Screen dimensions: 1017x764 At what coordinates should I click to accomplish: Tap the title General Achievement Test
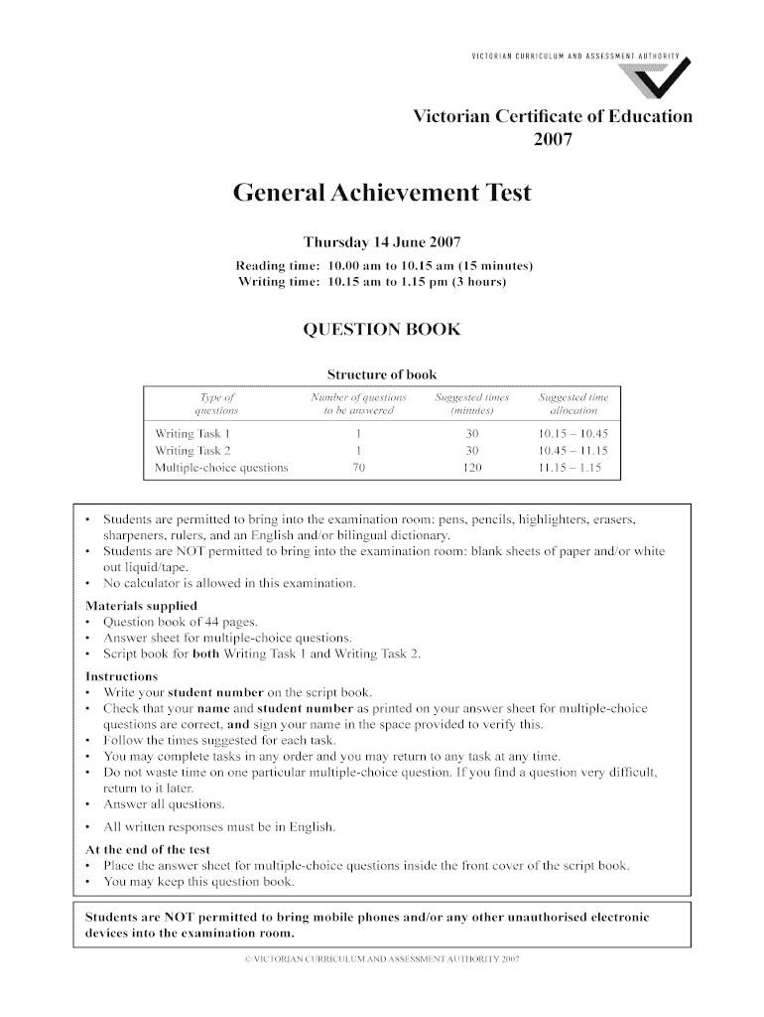pyautogui.click(x=382, y=193)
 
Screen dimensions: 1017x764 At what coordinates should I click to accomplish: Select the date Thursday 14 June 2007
pyautogui.click(x=382, y=242)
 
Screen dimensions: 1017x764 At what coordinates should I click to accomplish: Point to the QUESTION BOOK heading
pyautogui.click(x=382, y=330)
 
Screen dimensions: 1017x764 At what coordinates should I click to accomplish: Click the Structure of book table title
pyautogui.click(x=382, y=374)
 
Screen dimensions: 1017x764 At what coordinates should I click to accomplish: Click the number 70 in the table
pyautogui.click(x=358, y=467)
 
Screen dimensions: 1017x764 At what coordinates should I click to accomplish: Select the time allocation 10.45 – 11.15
pyautogui.click(x=573, y=451)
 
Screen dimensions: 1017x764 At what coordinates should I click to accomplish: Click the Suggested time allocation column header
pyautogui.click(x=573, y=403)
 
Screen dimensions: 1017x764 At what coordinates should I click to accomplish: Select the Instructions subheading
pyautogui.click(x=122, y=676)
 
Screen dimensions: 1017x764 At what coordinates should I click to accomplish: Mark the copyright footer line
pyautogui.click(x=382, y=960)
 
